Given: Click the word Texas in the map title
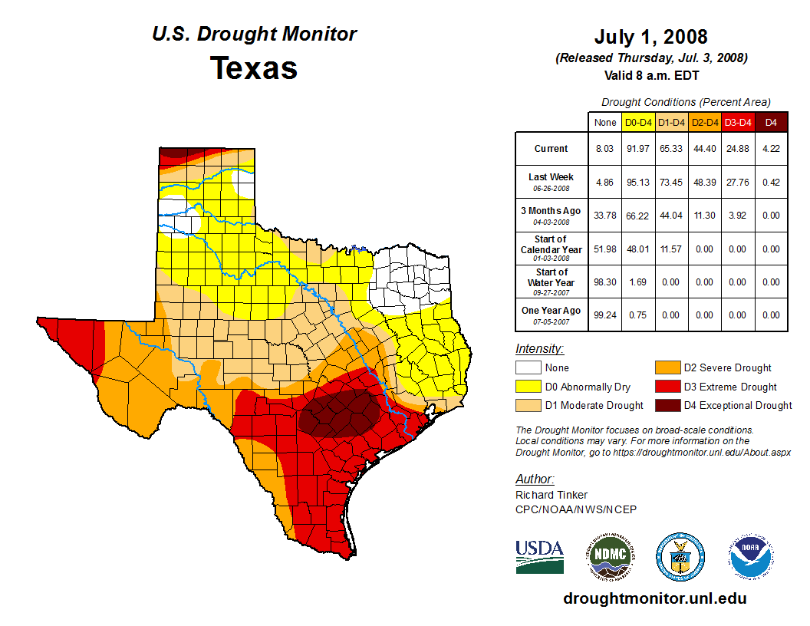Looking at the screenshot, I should click(x=254, y=68).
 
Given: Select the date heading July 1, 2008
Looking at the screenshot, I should click(x=650, y=37).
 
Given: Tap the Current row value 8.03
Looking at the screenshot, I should click(x=604, y=149).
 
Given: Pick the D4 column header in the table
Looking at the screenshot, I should click(x=771, y=122).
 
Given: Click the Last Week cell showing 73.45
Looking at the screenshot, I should click(x=671, y=183).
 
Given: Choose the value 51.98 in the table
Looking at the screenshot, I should click(x=604, y=249).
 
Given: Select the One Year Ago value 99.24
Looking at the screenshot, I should click(x=604, y=315).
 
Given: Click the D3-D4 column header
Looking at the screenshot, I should click(x=738, y=122).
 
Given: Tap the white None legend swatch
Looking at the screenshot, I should click(x=528, y=368).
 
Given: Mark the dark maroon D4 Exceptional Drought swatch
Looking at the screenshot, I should click(x=667, y=405).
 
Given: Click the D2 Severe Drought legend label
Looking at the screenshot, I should click(x=727, y=368).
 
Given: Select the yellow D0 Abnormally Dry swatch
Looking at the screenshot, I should click(x=528, y=387).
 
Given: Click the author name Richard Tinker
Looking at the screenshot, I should click(x=552, y=495).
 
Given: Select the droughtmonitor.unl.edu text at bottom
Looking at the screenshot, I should click(x=654, y=598).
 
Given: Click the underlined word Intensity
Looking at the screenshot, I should click(x=539, y=349).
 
